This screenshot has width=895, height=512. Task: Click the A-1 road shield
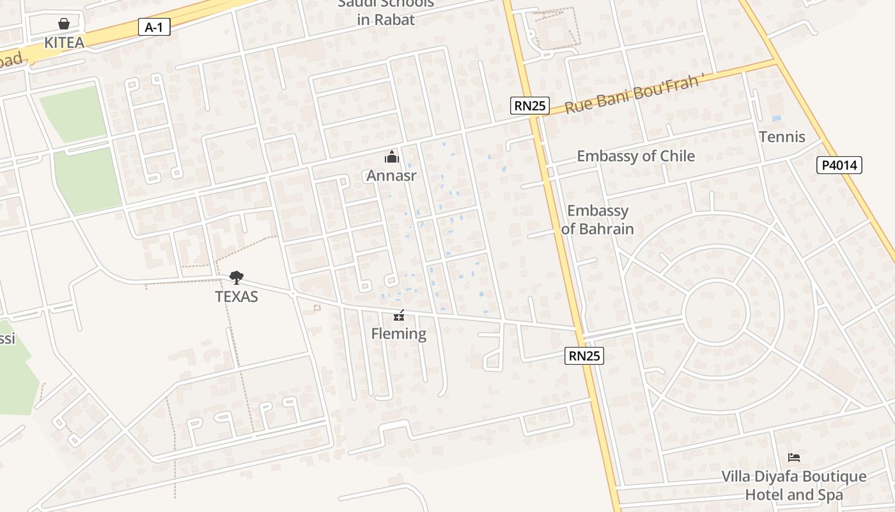[x=155, y=27]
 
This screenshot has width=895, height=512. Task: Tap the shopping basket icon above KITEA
[x=64, y=24]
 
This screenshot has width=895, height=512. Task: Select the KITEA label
[x=64, y=43]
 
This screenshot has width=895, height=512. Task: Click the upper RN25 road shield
[x=530, y=106]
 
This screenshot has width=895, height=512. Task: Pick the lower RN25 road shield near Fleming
[x=584, y=356]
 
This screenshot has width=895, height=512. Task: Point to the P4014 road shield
[x=839, y=166]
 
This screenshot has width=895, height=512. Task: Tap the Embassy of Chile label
[x=635, y=156]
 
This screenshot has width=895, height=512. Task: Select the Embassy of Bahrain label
[x=598, y=220]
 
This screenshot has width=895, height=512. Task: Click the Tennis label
[x=782, y=137]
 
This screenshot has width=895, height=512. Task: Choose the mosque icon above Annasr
[x=391, y=157]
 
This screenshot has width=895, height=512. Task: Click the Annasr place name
[x=391, y=175]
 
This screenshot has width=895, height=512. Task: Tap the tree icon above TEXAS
[x=237, y=278]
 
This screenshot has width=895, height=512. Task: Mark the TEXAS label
[x=237, y=297]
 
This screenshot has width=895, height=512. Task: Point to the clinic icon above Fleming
[x=399, y=316]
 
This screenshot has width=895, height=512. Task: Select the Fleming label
[x=399, y=333]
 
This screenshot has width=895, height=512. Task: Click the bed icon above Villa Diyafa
[x=794, y=458]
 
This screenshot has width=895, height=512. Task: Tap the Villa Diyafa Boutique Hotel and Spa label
[x=794, y=486]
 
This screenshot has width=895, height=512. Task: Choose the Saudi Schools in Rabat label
[x=386, y=12]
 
